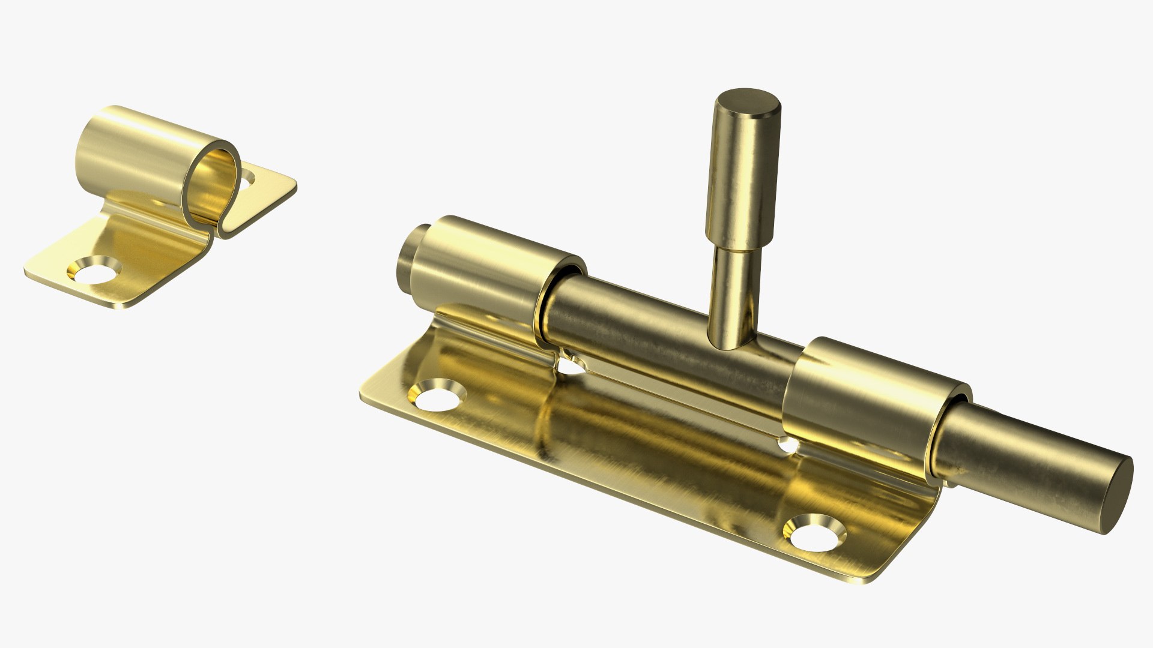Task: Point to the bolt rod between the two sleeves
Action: [x=661, y=336]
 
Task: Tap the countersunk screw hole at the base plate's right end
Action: [x=817, y=531]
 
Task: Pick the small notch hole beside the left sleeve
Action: [x=570, y=364]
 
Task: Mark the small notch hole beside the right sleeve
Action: [x=788, y=446]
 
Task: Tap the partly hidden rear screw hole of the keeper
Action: [x=248, y=177]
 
